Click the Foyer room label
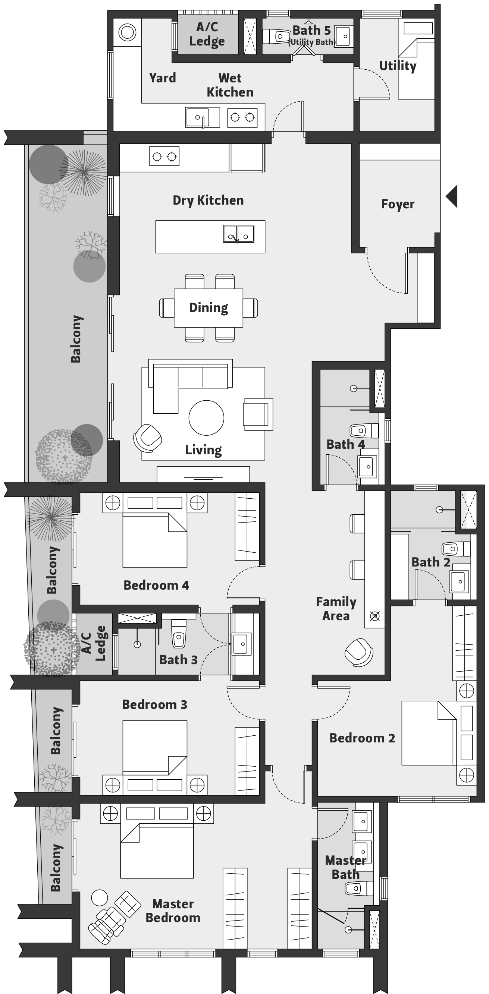pyautogui.click(x=398, y=204)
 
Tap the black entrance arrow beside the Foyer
pyautogui.click(x=452, y=196)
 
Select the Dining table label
pyautogui.click(x=209, y=307)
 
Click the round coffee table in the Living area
pyautogui.click(x=206, y=418)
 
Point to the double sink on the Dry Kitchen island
pyautogui.click(x=239, y=234)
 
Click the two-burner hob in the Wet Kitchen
pyautogui.click(x=242, y=117)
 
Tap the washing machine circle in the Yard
pyautogui.click(x=127, y=32)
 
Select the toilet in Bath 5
pyautogui.click(x=276, y=36)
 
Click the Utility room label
pyautogui.click(x=398, y=66)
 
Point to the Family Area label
pyautogui.click(x=336, y=609)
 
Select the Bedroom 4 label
pyautogui.click(x=156, y=585)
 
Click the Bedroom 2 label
pyautogui.click(x=362, y=738)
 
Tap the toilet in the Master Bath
pyautogui.click(x=359, y=888)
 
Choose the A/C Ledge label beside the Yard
pyautogui.click(x=207, y=34)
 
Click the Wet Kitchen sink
pyautogui.click(x=198, y=117)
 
